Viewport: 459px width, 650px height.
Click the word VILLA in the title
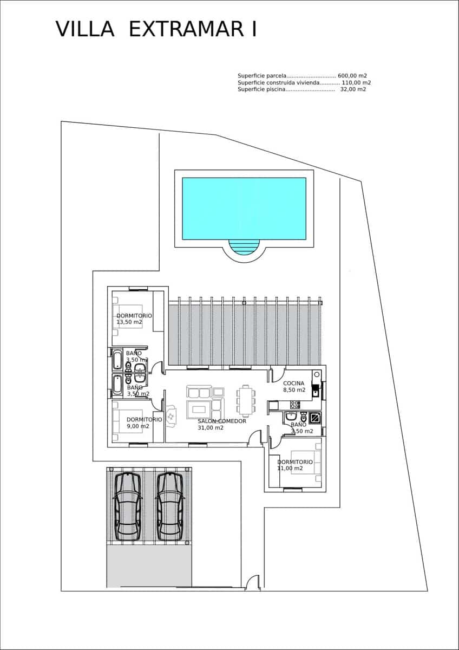click(85, 29)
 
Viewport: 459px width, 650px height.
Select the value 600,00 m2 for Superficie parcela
click(352, 76)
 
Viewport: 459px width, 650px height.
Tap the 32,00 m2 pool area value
click(353, 89)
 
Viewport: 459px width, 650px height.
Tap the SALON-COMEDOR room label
click(222, 421)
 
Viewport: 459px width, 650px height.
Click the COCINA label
click(294, 383)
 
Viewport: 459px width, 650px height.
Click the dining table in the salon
click(246, 400)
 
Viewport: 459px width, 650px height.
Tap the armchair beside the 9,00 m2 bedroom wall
click(172, 416)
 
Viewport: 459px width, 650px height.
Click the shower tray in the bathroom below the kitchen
click(314, 418)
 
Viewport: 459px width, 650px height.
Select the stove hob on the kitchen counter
click(295, 405)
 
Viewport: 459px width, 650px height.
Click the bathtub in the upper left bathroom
click(117, 360)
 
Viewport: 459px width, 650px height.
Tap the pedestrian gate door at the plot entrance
click(253, 584)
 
